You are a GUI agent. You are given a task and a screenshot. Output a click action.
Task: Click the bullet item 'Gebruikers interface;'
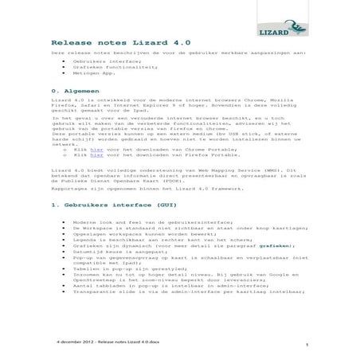106,61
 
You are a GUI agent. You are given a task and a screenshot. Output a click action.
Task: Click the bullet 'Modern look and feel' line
151,222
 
